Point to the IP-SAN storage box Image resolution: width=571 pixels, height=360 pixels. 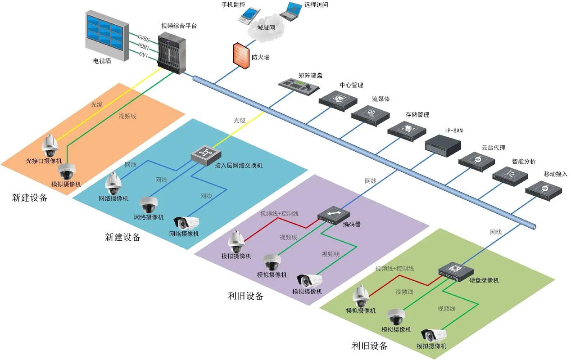coord(443,144)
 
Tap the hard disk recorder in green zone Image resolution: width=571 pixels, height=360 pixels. coord(456,271)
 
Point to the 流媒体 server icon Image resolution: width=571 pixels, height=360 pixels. coord(370,113)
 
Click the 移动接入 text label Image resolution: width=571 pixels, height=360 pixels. coord(555,174)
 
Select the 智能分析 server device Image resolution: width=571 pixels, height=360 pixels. coord(509,175)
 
